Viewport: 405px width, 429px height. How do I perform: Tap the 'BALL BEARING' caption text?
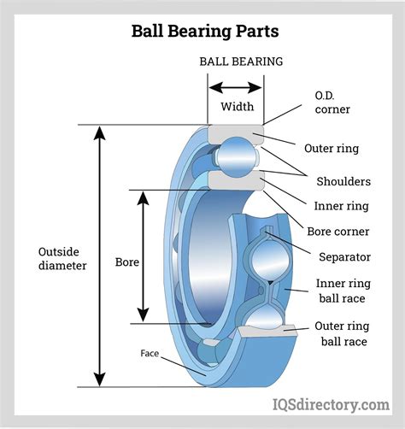pos(241,62)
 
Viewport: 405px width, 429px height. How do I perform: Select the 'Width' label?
pos(237,108)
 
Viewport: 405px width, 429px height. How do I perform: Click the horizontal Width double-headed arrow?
pos(236,87)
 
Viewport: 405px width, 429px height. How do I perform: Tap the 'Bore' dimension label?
pos(127,262)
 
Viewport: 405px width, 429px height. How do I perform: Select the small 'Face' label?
pos(151,352)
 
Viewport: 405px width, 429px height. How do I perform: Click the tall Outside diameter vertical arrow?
pos(100,256)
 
